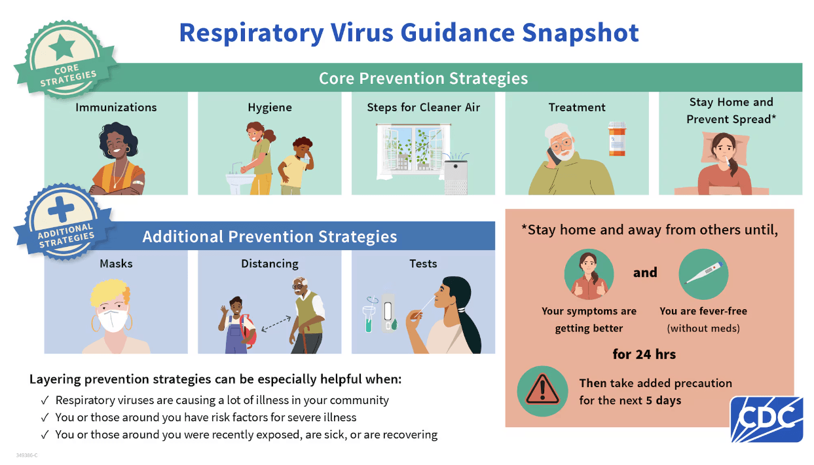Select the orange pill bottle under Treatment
tap(616, 138)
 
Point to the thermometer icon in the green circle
tap(703, 273)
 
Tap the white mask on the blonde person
tap(112, 320)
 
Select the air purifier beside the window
tap(456, 176)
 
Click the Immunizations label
tap(116, 107)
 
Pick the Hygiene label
tap(270, 107)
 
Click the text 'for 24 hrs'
tap(644, 354)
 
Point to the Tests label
tap(423, 263)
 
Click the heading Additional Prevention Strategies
tap(270, 236)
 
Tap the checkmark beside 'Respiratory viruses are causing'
tap(45, 400)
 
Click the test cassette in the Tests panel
tap(388, 313)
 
